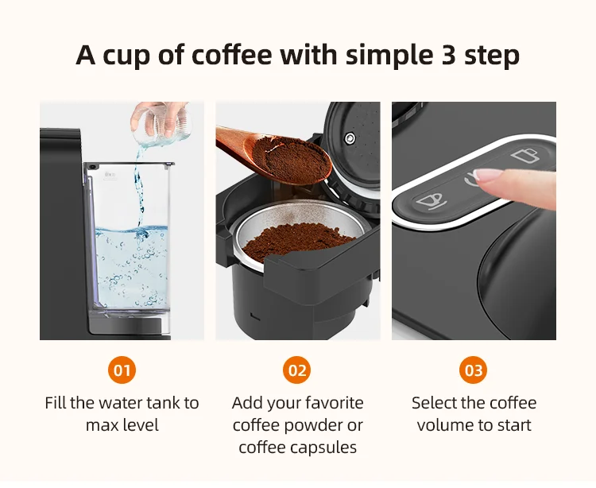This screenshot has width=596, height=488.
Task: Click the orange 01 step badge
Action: pos(122,370)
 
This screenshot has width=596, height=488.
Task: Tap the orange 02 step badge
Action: pos(297,370)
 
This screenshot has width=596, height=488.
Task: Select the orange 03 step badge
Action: pos(474,370)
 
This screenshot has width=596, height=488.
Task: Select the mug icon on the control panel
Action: pos(524,155)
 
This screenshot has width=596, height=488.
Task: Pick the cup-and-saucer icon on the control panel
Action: pos(429,200)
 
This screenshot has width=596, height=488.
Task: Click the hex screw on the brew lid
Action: pos(350,138)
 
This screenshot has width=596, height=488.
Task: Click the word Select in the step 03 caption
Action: pos(435,403)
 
